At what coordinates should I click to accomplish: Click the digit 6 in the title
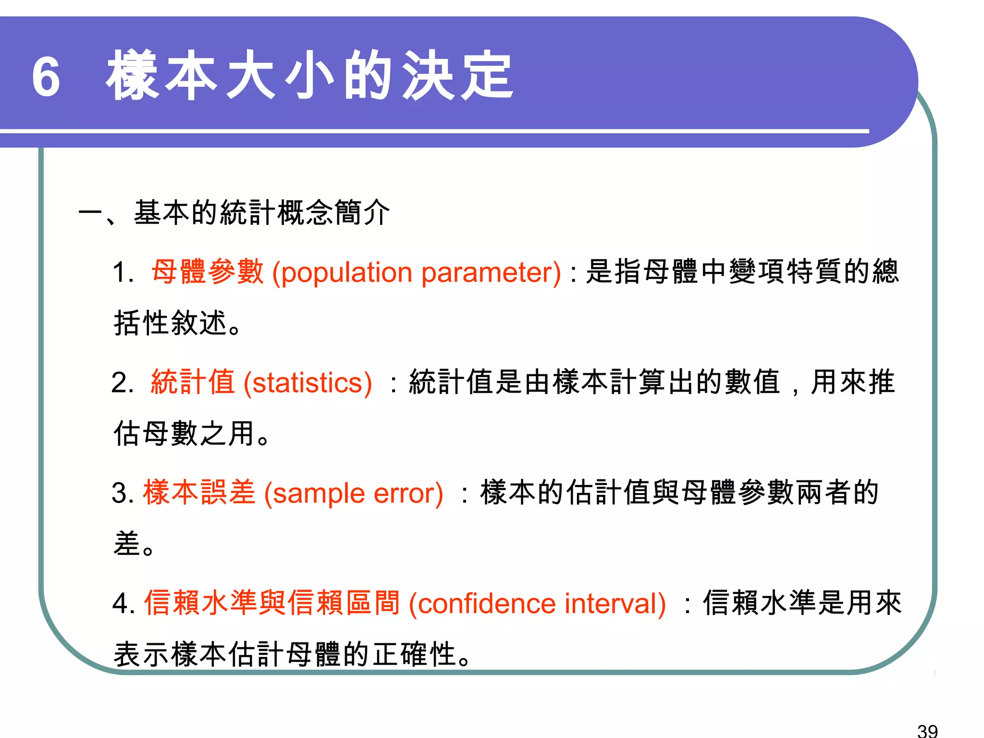point(46,77)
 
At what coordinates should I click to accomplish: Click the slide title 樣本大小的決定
point(310,76)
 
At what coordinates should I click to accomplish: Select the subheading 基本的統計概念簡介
point(262,212)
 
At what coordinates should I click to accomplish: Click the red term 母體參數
point(208,271)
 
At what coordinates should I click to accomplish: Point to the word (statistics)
point(307,383)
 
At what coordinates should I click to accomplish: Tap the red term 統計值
point(193,382)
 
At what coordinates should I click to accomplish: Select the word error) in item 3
point(408,493)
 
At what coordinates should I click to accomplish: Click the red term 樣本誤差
point(199,492)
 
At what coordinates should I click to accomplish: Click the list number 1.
point(122,273)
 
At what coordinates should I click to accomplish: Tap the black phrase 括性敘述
point(170,323)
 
